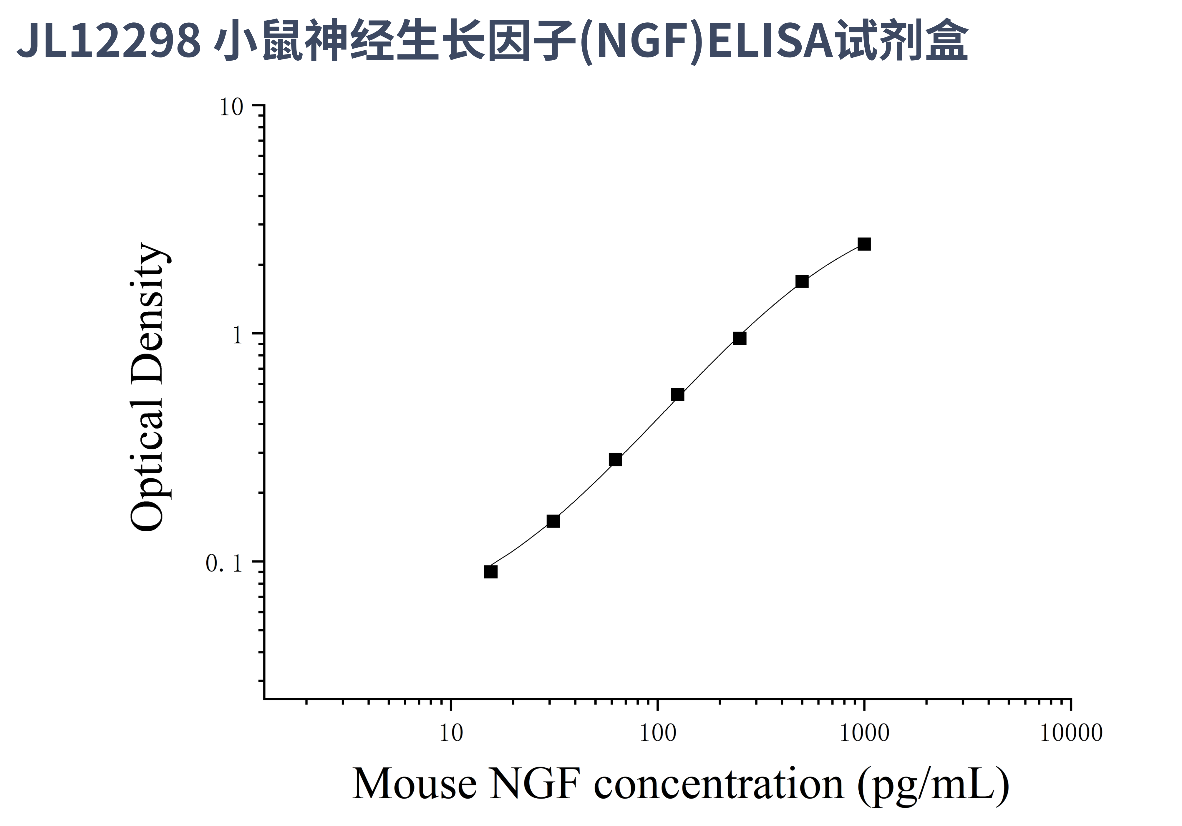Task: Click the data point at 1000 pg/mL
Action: point(864,244)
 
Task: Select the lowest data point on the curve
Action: point(491,572)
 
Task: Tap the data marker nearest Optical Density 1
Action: point(739,338)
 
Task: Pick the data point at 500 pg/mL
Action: point(802,281)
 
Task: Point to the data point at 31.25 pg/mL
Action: point(553,521)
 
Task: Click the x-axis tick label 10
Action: point(451,733)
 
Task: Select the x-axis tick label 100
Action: point(657,733)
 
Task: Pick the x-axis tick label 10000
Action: point(1071,733)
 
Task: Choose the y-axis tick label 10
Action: point(231,108)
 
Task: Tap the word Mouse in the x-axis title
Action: point(415,784)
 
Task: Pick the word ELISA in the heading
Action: point(771,41)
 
